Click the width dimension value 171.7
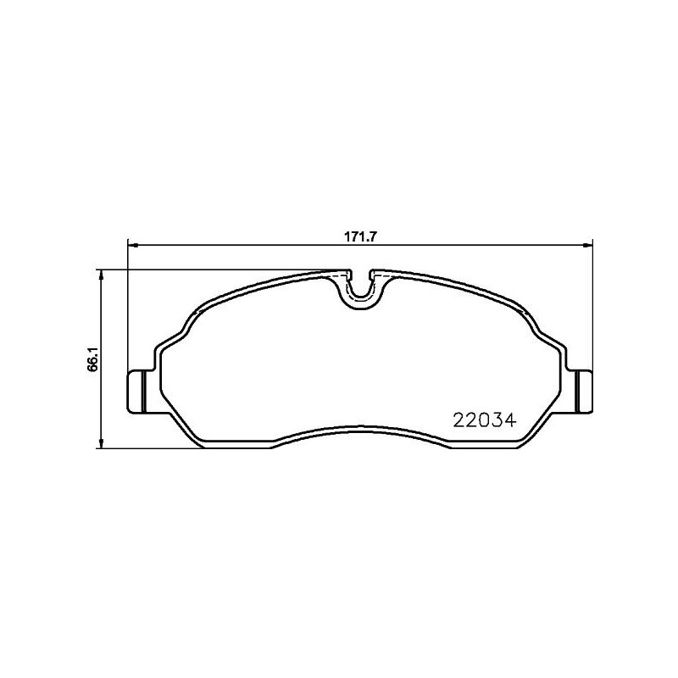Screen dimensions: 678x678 [359, 236]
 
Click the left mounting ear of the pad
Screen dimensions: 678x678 [137, 391]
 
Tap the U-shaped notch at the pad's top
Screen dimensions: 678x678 [361, 286]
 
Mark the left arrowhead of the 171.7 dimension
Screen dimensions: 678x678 [131, 246]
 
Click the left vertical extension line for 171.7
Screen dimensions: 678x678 [127, 305]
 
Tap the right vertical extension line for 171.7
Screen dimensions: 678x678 [591, 305]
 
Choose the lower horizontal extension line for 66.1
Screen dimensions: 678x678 [153, 449]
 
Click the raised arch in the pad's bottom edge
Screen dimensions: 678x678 [360, 428]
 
